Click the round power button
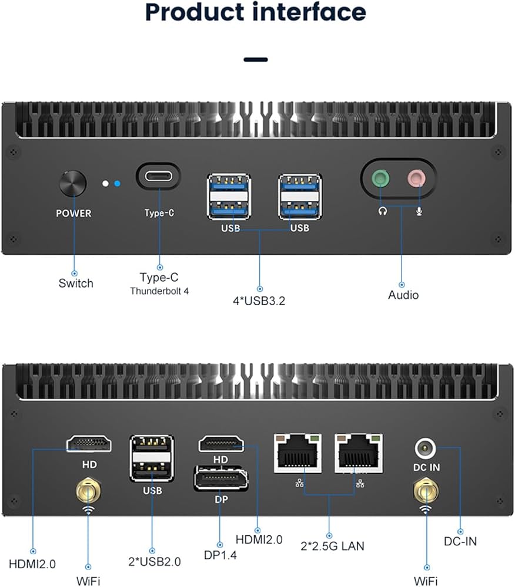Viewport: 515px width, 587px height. [73, 185]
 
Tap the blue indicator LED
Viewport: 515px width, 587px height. [118, 184]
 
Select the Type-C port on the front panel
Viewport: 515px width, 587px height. [158, 176]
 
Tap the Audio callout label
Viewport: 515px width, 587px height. [403, 295]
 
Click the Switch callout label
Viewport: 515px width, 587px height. [75, 284]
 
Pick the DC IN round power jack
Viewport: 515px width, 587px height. [426, 450]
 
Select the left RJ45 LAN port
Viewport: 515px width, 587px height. [297, 453]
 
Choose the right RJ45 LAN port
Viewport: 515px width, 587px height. [359, 453]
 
